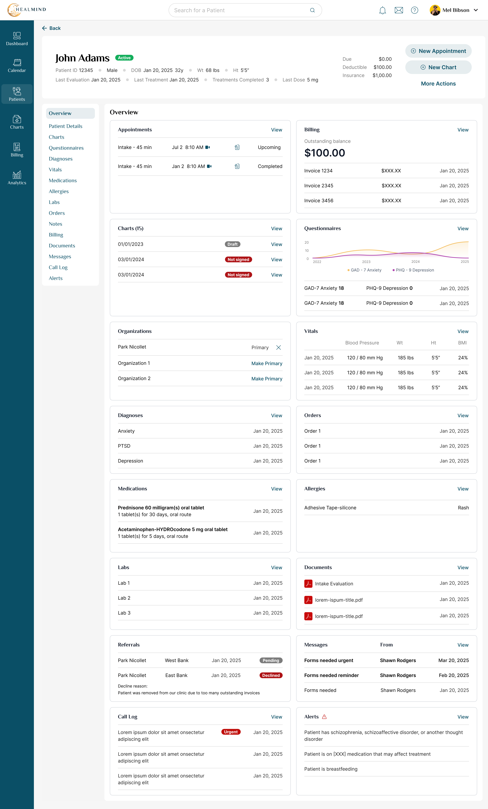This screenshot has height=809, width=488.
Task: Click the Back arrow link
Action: pos(51,28)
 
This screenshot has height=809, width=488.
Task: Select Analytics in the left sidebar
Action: pos(17,178)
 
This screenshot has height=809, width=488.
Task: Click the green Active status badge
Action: pos(124,58)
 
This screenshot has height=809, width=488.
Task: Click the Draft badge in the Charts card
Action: pos(232,244)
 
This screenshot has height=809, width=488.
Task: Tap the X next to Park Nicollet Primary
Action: pos(278,347)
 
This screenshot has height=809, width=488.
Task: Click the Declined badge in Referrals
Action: pos(271,675)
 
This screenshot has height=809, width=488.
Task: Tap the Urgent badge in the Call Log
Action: pos(231,732)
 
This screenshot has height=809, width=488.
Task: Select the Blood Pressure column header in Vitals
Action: pos(362,343)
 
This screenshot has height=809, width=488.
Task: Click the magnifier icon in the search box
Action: pos(312,10)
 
